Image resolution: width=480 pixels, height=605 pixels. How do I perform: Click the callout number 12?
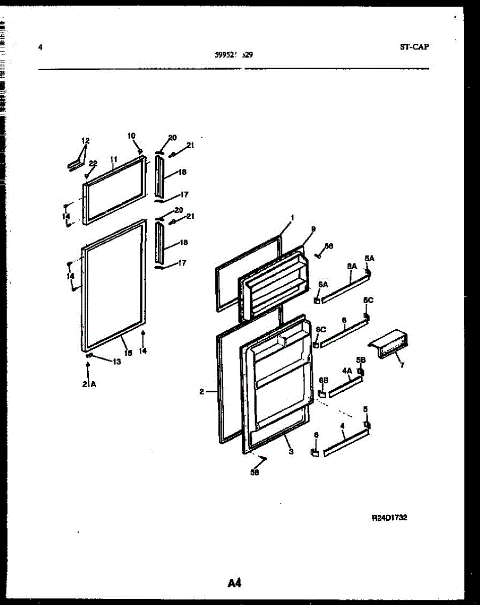click(x=85, y=141)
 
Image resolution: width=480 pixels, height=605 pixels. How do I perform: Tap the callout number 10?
click(x=131, y=136)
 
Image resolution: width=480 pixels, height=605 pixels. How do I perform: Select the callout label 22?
click(x=93, y=163)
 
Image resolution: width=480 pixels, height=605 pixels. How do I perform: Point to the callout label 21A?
click(x=89, y=384)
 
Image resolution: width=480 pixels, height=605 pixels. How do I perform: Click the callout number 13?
click(x=116, y=361)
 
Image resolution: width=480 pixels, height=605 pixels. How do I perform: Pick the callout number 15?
click(x=129, y=353)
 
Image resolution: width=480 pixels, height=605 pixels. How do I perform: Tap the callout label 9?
click(x=313, y=229)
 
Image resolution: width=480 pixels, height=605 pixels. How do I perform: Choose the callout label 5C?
click(x=368, y=300)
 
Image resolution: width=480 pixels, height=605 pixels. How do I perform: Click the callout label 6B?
click(x=323, y=380)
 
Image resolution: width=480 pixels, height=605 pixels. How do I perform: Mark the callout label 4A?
click(x=347, y=371)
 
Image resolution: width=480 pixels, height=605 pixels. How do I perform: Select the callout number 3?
click(x=291, y=452)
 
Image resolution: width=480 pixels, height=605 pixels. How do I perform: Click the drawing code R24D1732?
click(x=389, y=518)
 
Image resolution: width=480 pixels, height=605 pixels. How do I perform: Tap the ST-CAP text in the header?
click(x=414, y=47)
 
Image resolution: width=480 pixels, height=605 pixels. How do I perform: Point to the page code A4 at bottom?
click(x=234, y=584)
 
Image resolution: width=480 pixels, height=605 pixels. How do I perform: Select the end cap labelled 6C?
click(x=316, y=345)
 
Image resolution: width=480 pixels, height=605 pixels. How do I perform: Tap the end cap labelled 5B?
click(x=361, y=372)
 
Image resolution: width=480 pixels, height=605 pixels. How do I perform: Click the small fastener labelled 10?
click(x=141, y=151)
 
